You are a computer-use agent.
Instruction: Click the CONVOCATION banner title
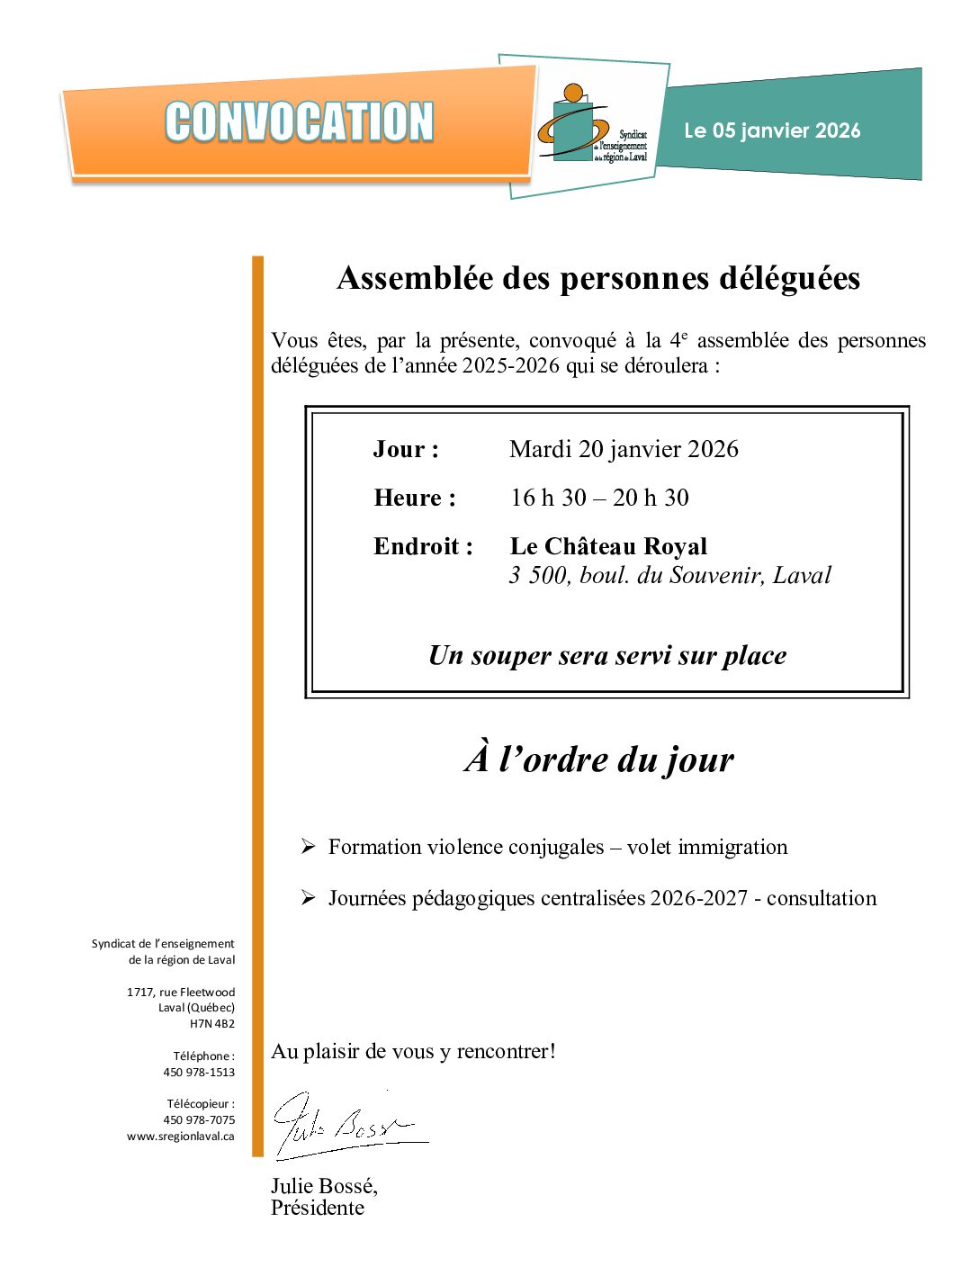click(x=299, y=122)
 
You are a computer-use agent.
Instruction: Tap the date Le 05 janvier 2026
click(x=772, y=130)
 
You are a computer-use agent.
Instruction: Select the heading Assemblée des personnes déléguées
click(x=598, y=278)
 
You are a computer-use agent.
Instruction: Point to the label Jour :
click(x=406, y=449)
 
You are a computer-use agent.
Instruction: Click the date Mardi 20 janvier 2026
click(x=624, y=449)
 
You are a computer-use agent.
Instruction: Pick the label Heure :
click(x=415, y=498)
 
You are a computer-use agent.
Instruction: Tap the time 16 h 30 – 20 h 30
click(x=599, y=498)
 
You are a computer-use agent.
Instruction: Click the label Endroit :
click(x=423, y=546)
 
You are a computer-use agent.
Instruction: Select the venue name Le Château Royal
click(x=608, y=546)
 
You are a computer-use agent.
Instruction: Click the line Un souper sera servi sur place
click(x=607, y=655)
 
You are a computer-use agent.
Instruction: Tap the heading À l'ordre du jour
click(x=599, y=759)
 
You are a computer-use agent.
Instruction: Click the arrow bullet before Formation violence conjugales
click(x=308, y=847)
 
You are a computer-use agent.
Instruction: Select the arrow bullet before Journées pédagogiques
click(x=308, y=898)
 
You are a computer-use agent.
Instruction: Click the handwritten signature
click(x=346, y=1125)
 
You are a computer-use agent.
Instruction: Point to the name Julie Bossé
click(x=324, y=1186)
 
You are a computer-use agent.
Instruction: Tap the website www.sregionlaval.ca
click(x=181, y=1136)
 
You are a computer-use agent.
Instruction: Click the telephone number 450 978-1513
click(x=199, y=1072)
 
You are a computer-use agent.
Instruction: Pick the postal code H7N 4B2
click(x=212, y=1023)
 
